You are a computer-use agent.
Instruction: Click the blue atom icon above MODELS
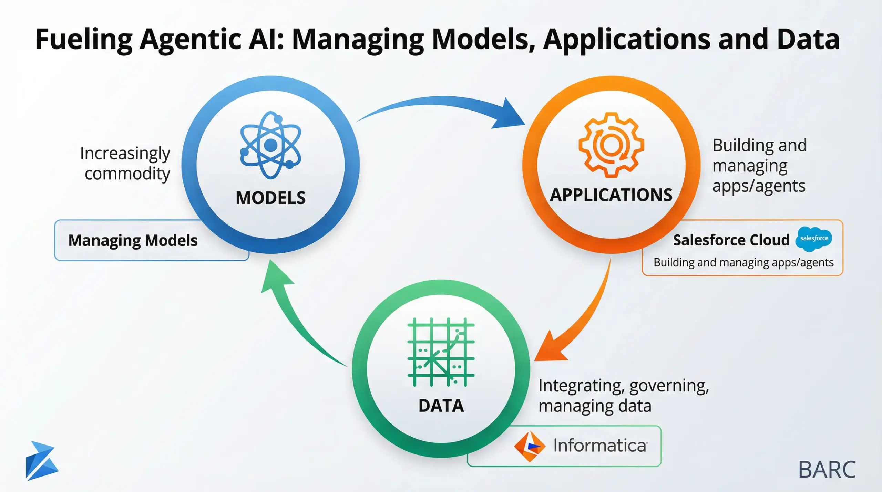(x=270, y=145)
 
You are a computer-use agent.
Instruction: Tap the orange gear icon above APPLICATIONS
(x=611, y=145)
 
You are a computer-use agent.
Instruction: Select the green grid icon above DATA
(x=441, y=352)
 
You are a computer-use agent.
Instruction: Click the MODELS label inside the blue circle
(x=270, y=198)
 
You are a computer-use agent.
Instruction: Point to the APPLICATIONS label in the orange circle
(x=611, y=195)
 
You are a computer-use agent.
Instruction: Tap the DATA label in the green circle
(x=441, y=406)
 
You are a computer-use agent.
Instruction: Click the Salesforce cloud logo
(x=814, y=239)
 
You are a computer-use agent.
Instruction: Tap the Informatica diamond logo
(x=529, y=446)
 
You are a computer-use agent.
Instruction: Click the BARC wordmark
(x=827, y=470)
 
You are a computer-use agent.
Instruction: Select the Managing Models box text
(x=133, y=240)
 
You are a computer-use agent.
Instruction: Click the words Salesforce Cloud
(x=731, y=240)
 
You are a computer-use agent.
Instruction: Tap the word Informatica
(x=600, y=446)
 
